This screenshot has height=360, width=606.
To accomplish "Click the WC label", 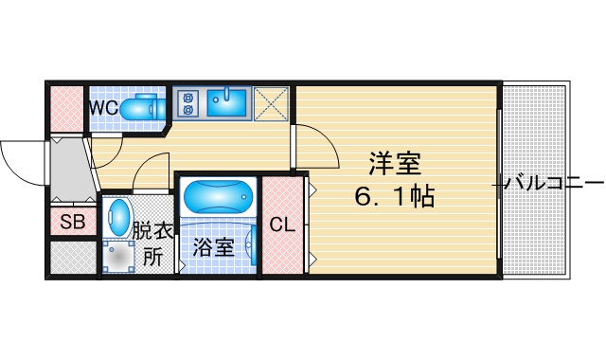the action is tap(103, 108).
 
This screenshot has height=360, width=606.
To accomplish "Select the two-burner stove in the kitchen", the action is tap(187, 103).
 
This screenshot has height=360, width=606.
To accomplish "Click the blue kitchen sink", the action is tap(226, 103).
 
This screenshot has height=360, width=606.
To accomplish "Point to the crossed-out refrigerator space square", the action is tap(271, 103).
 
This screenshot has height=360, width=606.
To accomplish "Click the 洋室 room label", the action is tap(395, 164).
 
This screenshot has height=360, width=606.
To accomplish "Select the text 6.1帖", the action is tap(395, 196).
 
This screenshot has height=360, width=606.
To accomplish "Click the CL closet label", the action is tap(282, 225).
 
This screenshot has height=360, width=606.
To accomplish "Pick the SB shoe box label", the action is tap(73, 222).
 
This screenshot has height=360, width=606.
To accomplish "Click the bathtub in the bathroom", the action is tap(218, 196).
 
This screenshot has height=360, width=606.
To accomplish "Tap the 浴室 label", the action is tap(214, 247).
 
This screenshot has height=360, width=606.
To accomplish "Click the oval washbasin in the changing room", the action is tap(118, 218).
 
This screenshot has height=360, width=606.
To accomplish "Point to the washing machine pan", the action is tap(118, 257).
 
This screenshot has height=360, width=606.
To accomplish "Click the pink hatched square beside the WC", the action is tap(67, 109).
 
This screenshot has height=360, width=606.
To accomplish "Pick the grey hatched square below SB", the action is tap(73, 258).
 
